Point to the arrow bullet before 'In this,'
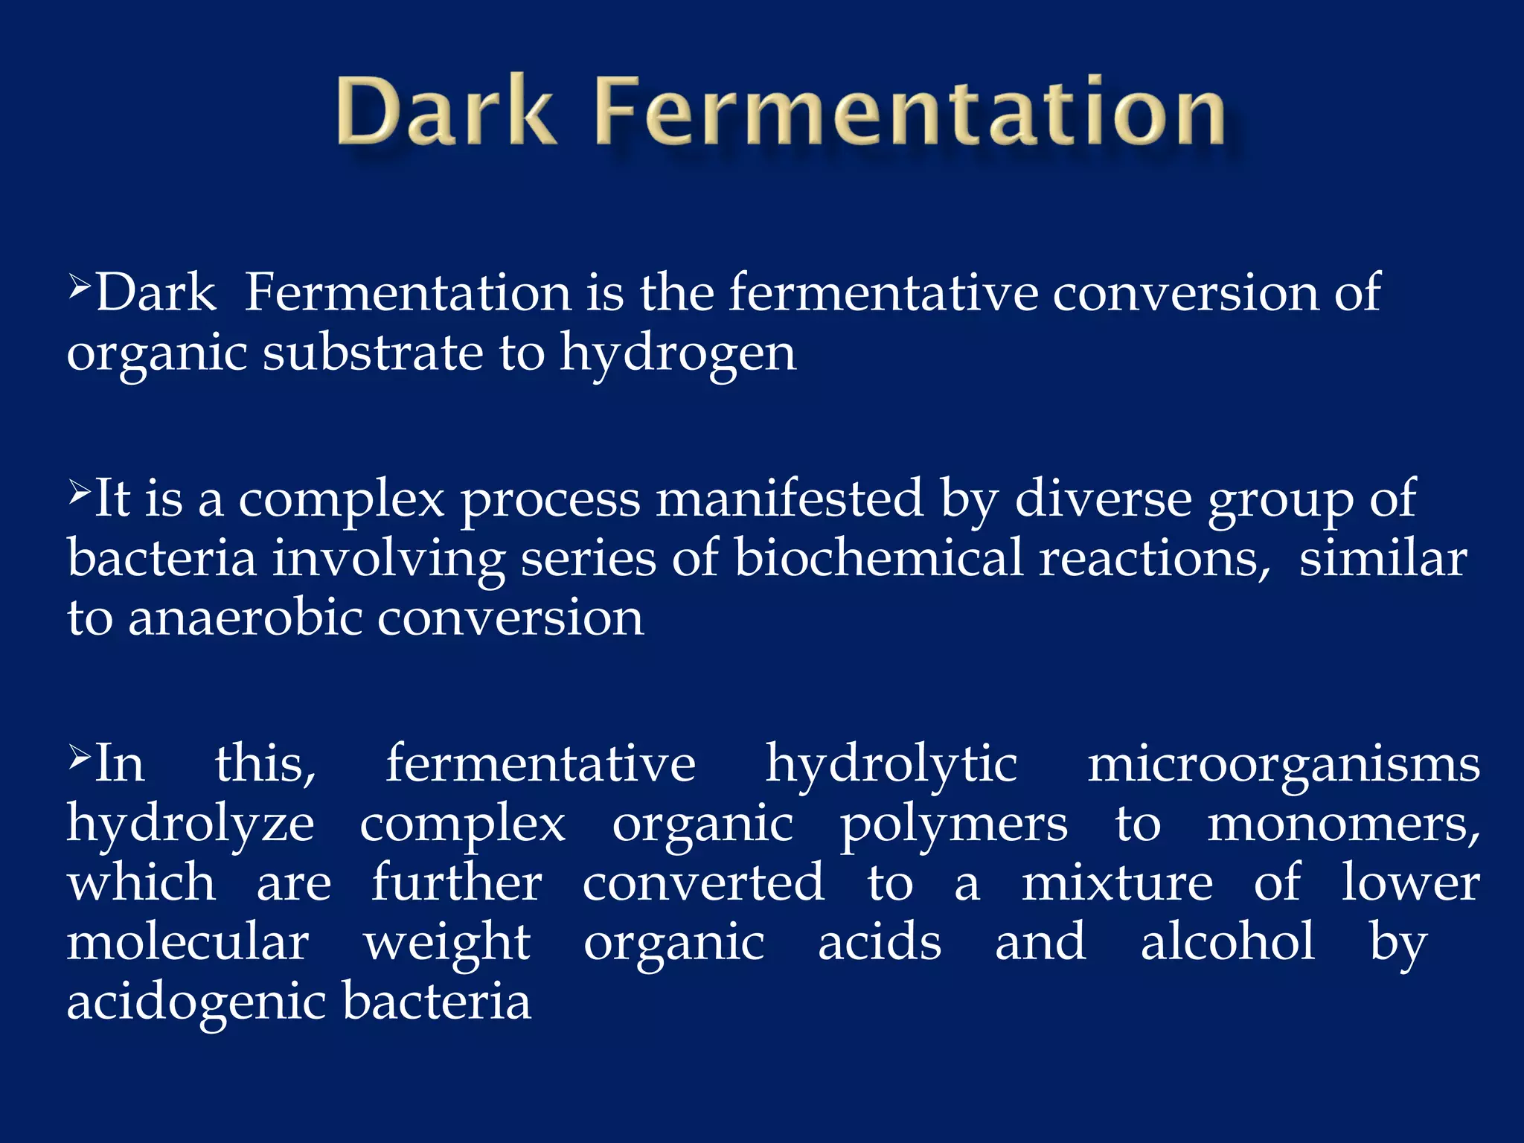click(80, 757)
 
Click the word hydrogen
click(678, 353)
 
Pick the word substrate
click(373, 352)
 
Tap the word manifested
click(789, 499)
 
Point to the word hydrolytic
click(891, 765)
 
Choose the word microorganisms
click(1284, 765)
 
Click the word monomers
click(1343, 825)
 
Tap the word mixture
click(1117, 883)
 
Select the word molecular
click(188, 942)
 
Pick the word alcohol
click(1228, 942)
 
